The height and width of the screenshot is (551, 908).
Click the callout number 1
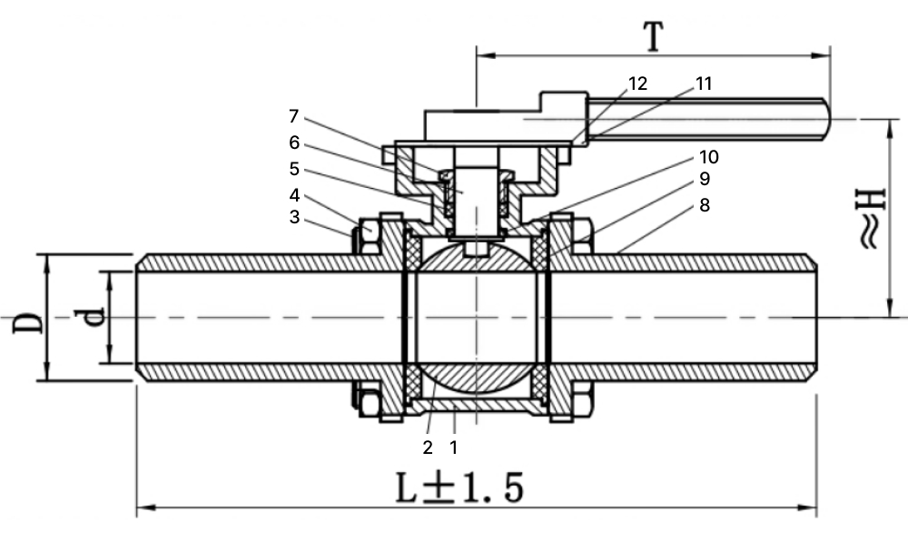tap(453, 448)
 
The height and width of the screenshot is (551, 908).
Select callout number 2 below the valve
tap(428, 448)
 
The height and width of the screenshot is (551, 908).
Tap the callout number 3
tap(295, 217)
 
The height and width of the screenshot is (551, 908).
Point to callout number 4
tap(295, 195)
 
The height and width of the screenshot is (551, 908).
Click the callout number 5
tap(295, 169)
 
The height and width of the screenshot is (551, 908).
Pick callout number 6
tap(295, 143)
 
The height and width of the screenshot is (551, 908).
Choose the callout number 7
tap(294, 116)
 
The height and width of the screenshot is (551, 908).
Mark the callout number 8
tap(705, 205)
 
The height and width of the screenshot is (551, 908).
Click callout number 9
tap(705, 179)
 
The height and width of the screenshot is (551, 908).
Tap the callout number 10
tap(709, 157)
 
